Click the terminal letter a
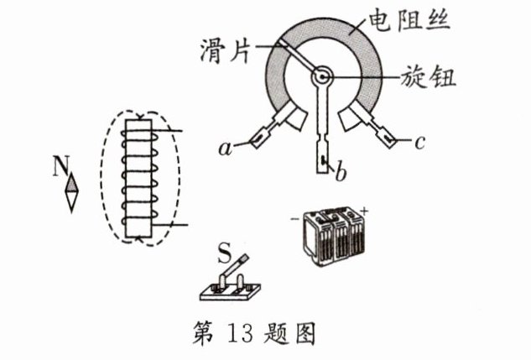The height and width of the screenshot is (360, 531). [x=224, y=149]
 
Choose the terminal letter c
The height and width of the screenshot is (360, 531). [x=420, y=143]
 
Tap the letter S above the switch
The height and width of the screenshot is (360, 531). [x=224, y=251]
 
